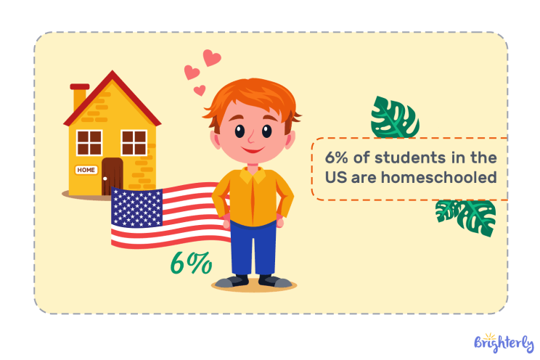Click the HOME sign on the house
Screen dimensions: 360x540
(x=86, y=170)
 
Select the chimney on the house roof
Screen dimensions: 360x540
(x=79, y=96)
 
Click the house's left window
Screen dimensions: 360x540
(x=89, y=142)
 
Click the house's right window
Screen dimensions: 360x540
(x=134, y=142)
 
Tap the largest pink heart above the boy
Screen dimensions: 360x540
(x=211, y=58)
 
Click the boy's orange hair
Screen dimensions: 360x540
(x=243, y=101)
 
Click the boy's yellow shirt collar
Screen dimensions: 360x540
(x=253, y=174)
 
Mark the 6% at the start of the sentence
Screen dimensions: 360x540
(x=335, y=156)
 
